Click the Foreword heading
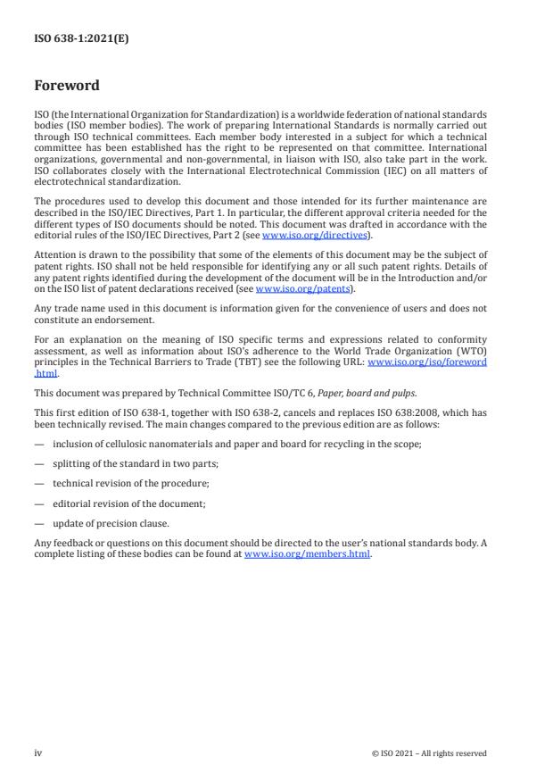[x=67, y=87]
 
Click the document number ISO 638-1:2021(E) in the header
[x=81, y=38]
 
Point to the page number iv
[x=38, y=753]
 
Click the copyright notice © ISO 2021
[x=429, y=753]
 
